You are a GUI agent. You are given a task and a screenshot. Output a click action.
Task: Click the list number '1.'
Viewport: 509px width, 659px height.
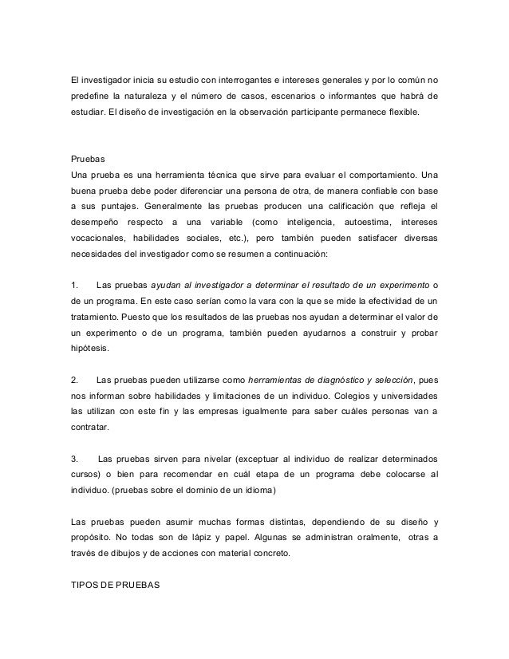pyautogui.click(x=76, y=285)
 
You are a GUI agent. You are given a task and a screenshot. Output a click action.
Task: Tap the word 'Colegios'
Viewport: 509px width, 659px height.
pyautogui.click(x=330, y=396)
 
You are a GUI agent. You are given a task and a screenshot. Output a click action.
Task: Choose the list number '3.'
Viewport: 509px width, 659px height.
pyautogui.click(x=76, y=459)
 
